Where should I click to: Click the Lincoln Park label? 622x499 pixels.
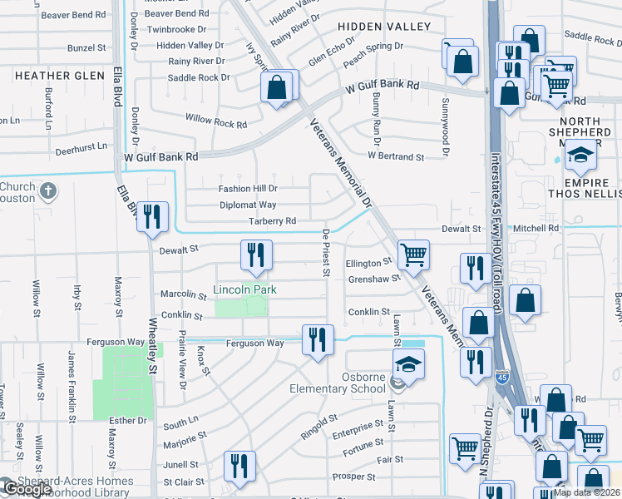tap(244, 289)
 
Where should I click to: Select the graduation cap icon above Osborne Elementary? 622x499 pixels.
tap(407, 363)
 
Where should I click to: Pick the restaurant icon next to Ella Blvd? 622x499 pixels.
tap(151, 217)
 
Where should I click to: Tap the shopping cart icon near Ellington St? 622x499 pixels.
tap(412, 254)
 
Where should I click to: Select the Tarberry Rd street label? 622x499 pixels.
tap(272, 221)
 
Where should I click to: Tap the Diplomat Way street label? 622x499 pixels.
tap(248, 205)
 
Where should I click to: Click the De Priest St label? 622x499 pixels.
tap(327, 253)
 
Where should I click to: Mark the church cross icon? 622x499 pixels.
tap(49, 190)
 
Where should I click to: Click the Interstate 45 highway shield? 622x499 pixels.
tap(502, 376)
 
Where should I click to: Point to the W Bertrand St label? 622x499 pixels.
tap(396, 156)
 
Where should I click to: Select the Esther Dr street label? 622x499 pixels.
tap(130, 421)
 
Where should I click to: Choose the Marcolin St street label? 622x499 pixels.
tap(183, 294)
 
